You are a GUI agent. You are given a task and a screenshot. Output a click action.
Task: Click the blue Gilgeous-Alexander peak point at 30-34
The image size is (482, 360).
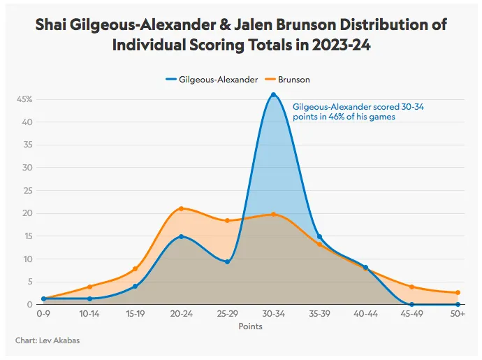[x=273, y=94]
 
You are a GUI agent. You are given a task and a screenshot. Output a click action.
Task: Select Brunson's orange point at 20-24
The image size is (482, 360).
[x=181, y=208]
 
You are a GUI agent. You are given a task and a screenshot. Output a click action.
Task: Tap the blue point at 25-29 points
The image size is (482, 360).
[x=227, y=262]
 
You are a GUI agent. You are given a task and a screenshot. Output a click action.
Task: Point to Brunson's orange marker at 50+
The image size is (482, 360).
[x=458, y=293]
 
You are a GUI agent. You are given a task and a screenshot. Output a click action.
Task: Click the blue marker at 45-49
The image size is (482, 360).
[x=411, y=304]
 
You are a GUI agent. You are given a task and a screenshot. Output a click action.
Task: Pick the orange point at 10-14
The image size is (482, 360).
[x=89, y=287]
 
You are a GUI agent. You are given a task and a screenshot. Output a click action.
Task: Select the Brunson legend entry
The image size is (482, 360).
[x=292, y=80]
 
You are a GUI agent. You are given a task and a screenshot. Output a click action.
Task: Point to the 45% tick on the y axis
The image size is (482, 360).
[x=24, y=99]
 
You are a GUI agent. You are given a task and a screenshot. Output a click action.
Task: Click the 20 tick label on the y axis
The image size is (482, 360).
[x=29, y=213]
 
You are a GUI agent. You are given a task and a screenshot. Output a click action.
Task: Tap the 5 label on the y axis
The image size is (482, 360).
[x=31, y=282]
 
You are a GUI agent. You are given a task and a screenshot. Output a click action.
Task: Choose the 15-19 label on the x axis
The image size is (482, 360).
[x=135, y=315]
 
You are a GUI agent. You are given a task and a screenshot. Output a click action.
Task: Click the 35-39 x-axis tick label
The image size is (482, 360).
[x=319, y=315]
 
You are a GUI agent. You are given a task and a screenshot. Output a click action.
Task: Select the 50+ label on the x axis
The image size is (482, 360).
[x=458, y=315]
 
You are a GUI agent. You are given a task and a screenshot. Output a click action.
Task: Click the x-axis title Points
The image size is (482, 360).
[x=250, y=326]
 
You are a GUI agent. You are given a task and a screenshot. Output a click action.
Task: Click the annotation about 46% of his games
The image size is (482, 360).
[x=344, y=111]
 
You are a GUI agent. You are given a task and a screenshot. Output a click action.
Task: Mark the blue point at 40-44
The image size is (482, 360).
[x=365, y=268]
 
